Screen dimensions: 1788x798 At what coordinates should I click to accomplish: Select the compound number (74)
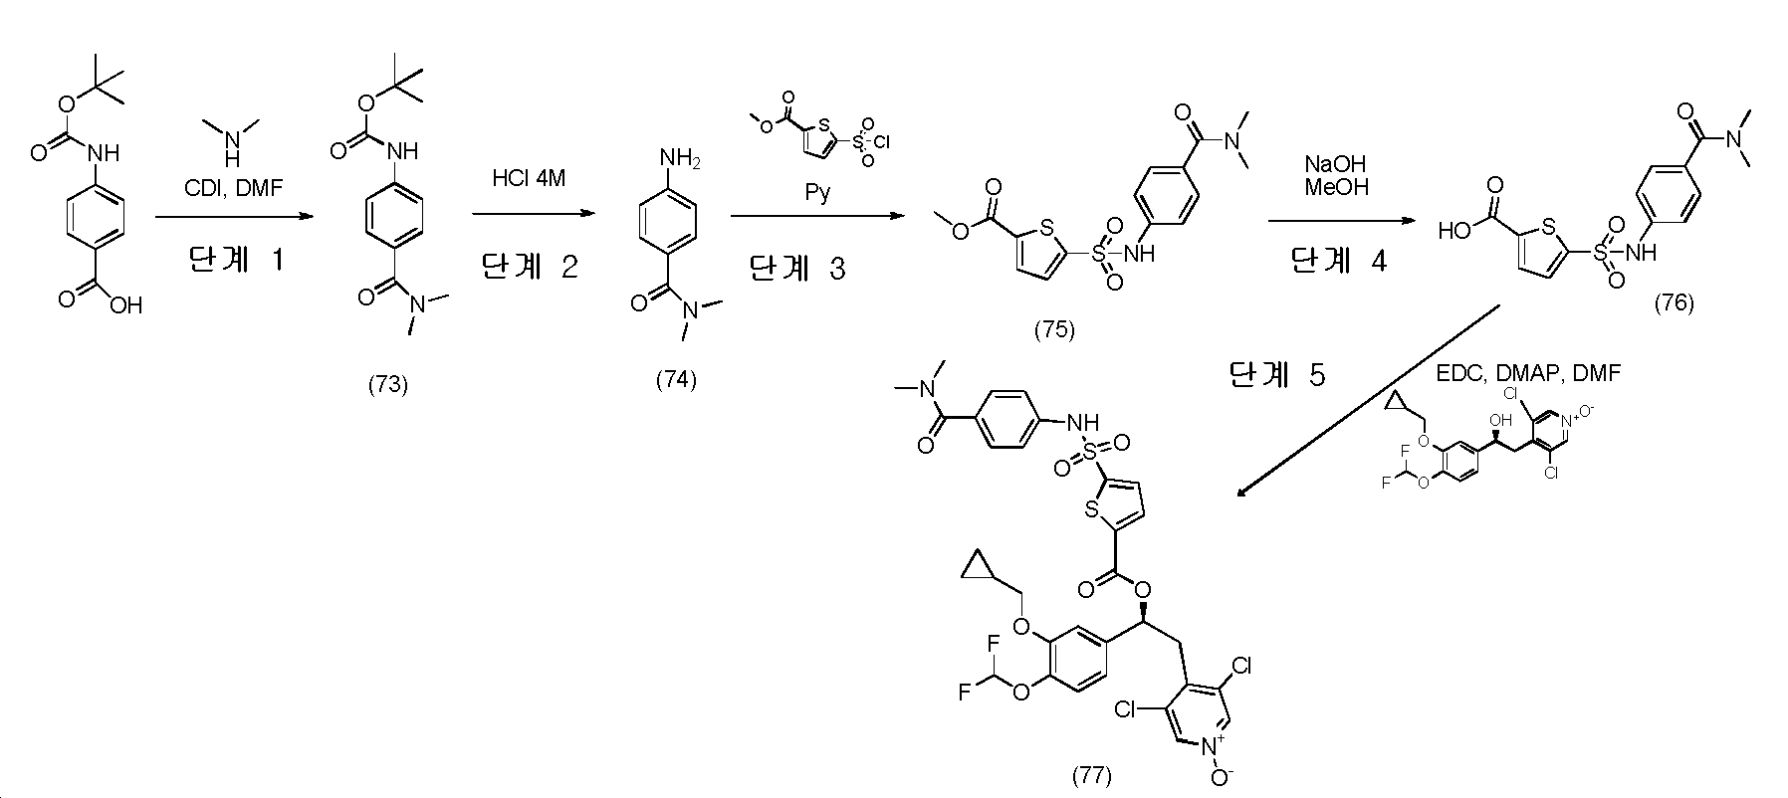click(x=676, y=379)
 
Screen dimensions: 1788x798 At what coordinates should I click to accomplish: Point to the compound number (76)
click(x=1674, y=302)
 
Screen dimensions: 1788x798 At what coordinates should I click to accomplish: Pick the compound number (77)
click(x=1091, y=775)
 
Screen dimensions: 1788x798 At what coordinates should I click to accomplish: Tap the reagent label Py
click(x=817, y=192)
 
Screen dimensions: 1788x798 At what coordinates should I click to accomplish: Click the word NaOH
click(x=1335, y=163)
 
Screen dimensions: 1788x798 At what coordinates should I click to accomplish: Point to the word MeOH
click(x=1335, y=186)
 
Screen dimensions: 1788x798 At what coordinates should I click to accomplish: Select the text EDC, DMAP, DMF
click(x=1528, y=373)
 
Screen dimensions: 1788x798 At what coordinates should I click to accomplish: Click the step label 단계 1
click(x=236, y=261)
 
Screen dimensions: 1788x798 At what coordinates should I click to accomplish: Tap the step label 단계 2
click(x=529, y=267)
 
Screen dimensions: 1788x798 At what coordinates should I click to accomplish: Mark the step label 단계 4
click(x=1337, y=261)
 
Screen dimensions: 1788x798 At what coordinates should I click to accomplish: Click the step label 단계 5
click(x=1277, y=375)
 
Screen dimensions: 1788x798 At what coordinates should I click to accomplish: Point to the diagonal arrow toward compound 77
click(x=1368, y=401)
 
